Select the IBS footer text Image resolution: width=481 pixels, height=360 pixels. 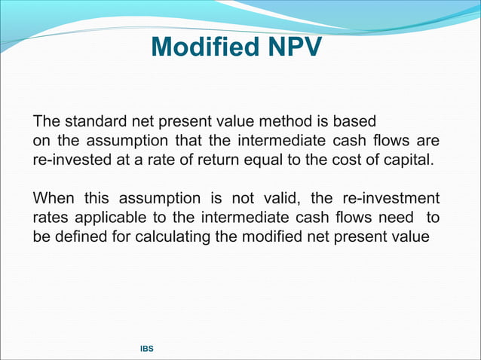coord(148,350)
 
